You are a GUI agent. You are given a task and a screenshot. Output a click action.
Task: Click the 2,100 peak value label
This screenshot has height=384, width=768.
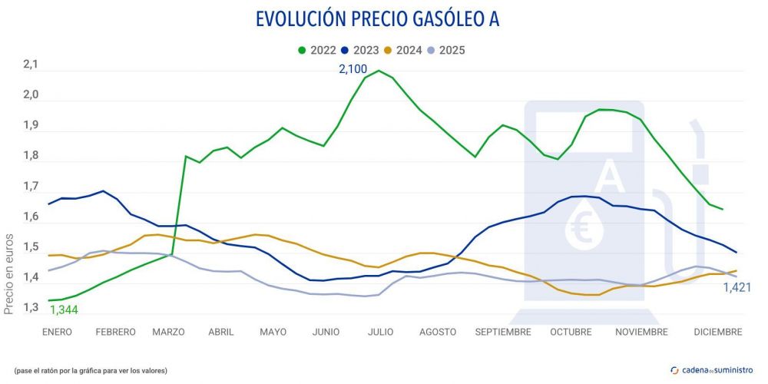(358, 69)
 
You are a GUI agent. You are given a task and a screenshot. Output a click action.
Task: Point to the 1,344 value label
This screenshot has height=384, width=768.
(64, 310)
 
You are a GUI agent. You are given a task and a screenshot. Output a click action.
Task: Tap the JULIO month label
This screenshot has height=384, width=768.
(381, 332)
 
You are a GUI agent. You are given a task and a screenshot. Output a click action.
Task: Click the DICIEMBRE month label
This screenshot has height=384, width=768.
(717, 332)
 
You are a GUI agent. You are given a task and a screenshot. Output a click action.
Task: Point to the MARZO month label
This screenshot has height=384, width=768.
(169, 332)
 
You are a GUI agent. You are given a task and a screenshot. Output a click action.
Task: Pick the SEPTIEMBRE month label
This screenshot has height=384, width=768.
(503, 332)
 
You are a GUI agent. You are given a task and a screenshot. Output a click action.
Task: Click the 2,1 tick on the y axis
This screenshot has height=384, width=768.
(30, 65)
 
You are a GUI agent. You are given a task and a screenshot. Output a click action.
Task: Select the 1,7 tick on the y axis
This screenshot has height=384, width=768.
(30, 187)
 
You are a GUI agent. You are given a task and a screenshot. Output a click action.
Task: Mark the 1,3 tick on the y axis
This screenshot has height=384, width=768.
(30, 308)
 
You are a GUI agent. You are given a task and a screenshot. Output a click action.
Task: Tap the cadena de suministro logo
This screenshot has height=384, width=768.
(712, 370)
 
